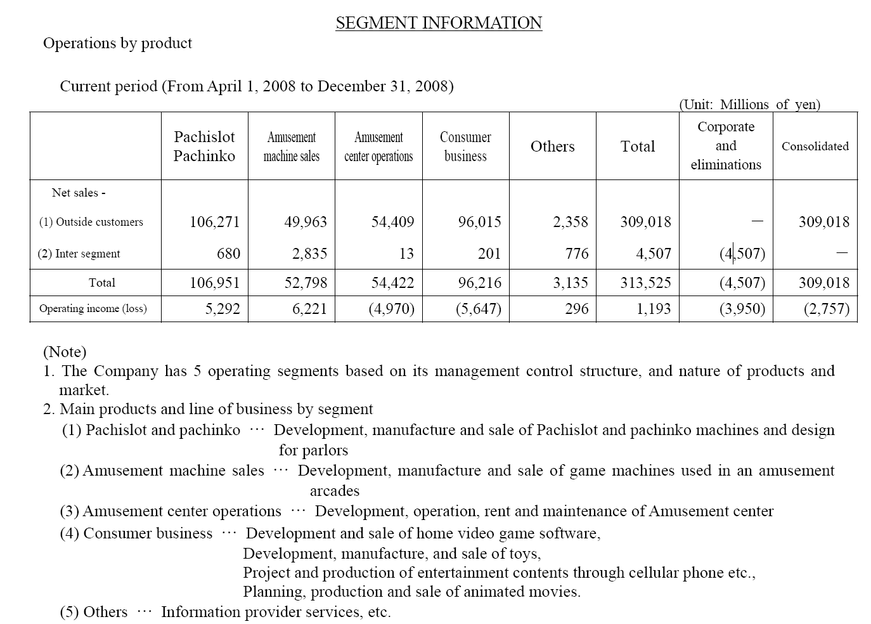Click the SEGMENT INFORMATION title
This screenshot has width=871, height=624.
(439, 23)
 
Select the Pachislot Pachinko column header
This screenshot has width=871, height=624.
(204, 146)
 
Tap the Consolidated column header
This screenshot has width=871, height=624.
(815, 146)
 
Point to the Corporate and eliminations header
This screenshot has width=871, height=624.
(726, 146)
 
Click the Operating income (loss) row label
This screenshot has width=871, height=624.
(93, 309)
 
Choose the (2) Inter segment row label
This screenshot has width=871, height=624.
(79, 254)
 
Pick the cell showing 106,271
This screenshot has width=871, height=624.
(215, 222)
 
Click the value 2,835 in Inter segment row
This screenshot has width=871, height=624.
(309, 254)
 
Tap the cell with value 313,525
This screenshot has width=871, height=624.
(645, 283)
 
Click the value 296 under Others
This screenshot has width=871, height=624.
(576, 309)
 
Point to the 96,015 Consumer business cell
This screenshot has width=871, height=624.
(479, 222)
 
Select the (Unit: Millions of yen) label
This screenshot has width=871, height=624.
(749, 105)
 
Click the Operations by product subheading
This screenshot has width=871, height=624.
(117, 43)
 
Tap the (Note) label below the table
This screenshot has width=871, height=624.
(65, 351)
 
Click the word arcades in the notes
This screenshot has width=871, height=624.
(334, 491)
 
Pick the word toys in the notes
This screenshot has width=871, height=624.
(525, 554)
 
